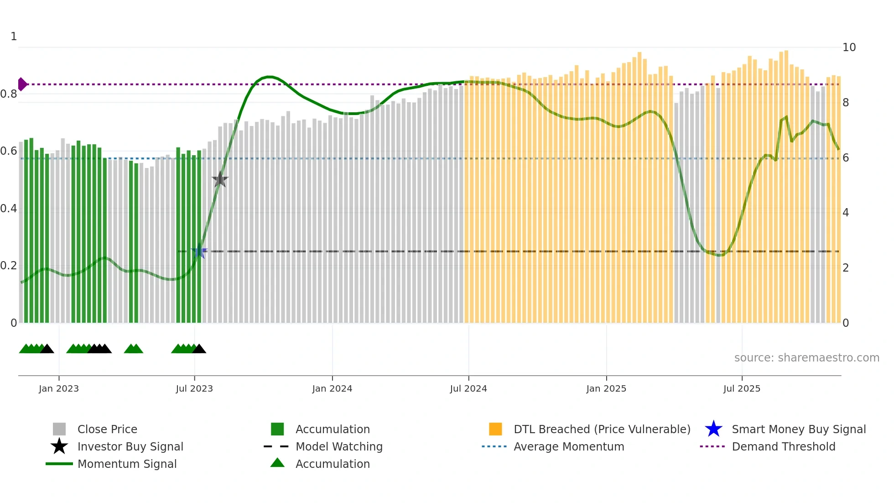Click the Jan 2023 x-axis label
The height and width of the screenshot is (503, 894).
pos(59,388)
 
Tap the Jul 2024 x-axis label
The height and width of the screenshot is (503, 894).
pos(468,388)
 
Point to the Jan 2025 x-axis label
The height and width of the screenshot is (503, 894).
pos(606,388)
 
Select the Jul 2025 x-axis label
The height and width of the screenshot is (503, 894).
pos(742,388)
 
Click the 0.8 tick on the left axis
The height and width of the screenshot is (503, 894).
pos(9,94)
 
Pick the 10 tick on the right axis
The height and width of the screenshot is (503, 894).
pos(849,47)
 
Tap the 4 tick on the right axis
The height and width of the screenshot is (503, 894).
pos(846,213)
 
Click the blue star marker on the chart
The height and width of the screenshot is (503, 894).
pos(199,252)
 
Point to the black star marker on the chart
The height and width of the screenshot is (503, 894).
pos(220,179)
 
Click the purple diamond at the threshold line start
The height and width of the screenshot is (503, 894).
pos(22,84)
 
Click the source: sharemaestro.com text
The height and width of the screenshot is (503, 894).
pos(806,358)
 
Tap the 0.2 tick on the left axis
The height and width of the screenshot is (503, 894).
pos(9,266)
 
